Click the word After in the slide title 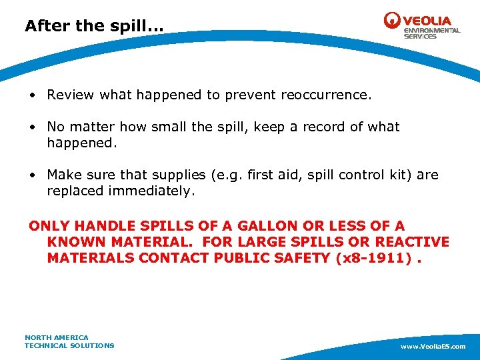[45, 26]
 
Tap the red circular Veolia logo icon [392, 21]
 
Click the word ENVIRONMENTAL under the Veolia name [432, 31]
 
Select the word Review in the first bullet [71, 95]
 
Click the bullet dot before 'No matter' [32, 127]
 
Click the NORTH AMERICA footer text [57, 337]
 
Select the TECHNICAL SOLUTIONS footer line [69, 345]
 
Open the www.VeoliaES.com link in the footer [433, 347]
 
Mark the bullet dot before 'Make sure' [32, 175]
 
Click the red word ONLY [49, 226]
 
